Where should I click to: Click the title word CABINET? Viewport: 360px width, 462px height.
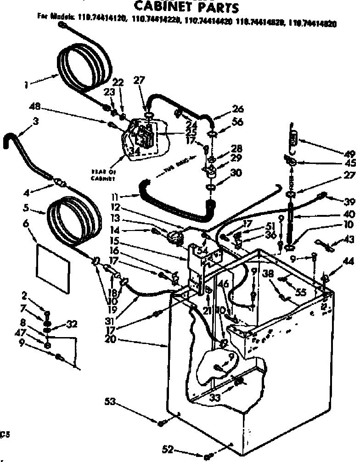pos(163,8)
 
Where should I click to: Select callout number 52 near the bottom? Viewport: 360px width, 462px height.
pos(168,450)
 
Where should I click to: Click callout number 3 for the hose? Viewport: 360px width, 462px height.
pos(35,121)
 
